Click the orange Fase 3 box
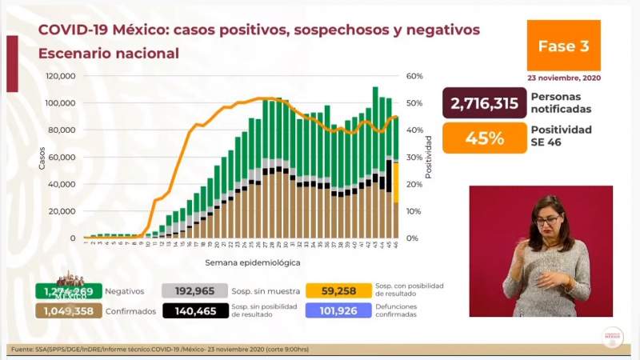coord(563,46)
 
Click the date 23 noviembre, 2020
coord(563,78)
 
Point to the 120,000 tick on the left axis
coord(61,76)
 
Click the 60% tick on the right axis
coord(414,76)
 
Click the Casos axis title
coord(42,157)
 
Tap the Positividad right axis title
coord(429,157)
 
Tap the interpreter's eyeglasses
coord(547,219)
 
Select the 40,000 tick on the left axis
coord(63,184)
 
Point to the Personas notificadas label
coord(561,103)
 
